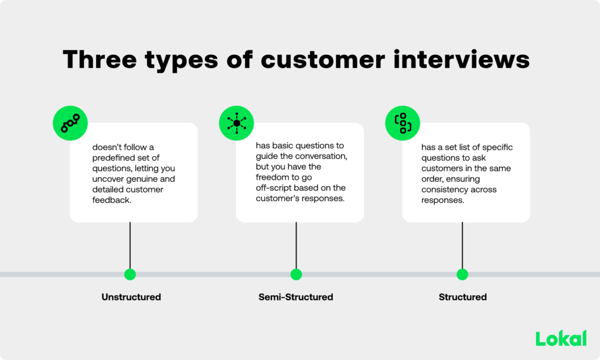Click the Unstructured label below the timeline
(131, 297)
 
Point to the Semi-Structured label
(296, 297)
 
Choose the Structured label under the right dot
(462, 297)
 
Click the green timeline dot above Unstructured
(130, 274)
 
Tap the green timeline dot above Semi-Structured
(296, 274)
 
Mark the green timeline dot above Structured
(462, 274)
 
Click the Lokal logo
(561, 338)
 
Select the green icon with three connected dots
(70, 123)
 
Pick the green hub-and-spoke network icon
(236, 123)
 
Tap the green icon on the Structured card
(403, 123)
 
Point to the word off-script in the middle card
(275, 188)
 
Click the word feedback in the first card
(111, 200)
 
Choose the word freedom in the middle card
(273, 178)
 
